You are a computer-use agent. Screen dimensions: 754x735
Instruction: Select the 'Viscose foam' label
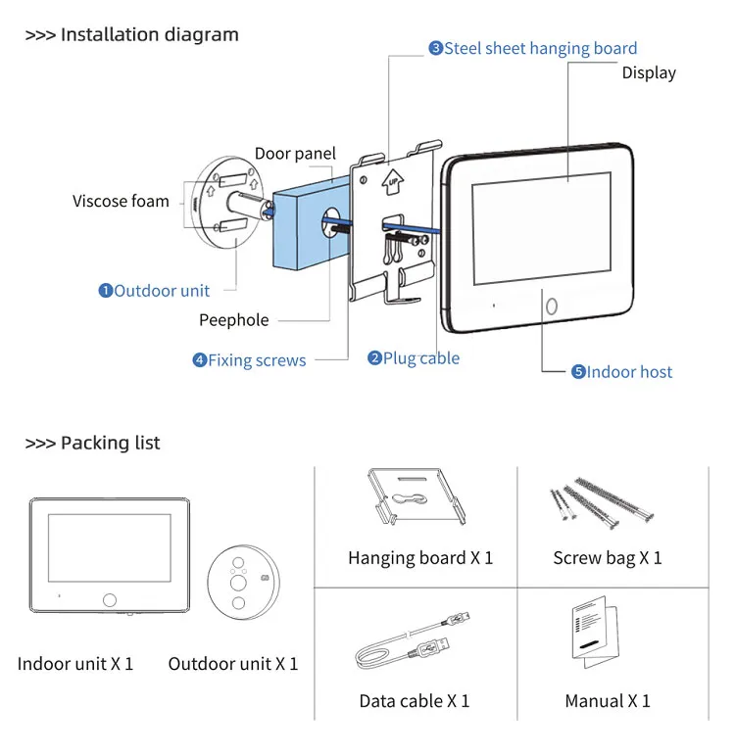point(121,201)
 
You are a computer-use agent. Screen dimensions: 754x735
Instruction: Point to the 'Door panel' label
point(295,154)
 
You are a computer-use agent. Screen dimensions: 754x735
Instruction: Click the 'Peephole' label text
point(233,320)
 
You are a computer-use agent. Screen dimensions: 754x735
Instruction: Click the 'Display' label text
point(649,72)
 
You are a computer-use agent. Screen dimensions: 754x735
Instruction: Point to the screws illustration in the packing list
point(598,503)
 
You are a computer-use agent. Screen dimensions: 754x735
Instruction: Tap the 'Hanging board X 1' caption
point(420,558)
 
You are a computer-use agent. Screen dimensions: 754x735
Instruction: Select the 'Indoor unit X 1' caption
point(75,664)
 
